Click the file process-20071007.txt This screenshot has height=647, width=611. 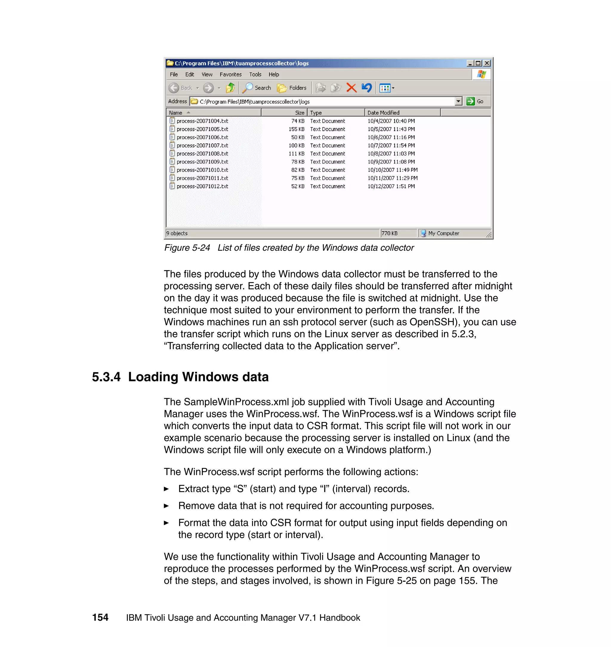click(202, 145)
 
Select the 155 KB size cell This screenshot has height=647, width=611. click(296, 129)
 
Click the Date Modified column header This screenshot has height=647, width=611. click(383, 113)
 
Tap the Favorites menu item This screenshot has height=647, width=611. click(230, 74)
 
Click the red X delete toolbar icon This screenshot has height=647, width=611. click(351, 88)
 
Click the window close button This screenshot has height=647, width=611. click(487, 63)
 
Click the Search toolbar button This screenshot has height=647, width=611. click(257, 88)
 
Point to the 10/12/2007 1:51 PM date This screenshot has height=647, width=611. click(391, 186)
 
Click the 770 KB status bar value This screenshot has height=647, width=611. click(390, 233)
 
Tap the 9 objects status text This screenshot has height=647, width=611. click(177, 233)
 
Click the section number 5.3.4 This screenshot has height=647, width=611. click(106, 377)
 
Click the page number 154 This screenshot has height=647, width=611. click(100, 617)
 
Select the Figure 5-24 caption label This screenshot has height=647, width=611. click(187, 248)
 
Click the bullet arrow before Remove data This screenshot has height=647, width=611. click(166, 506)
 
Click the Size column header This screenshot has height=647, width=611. click(299, 113)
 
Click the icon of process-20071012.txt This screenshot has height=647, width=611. click(172, 186)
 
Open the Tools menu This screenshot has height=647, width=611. click(255, 74)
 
